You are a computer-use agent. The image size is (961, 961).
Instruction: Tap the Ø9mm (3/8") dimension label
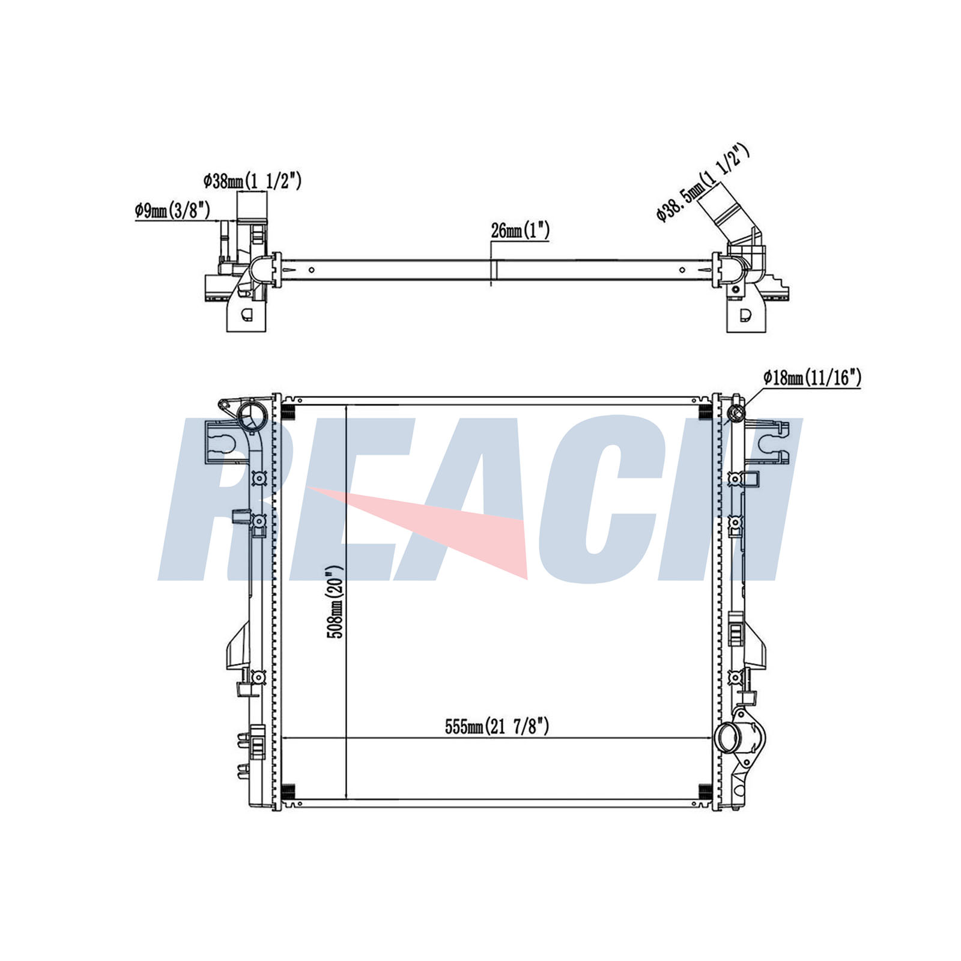point(172,210)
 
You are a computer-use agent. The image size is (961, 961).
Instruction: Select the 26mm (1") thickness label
point(520,230)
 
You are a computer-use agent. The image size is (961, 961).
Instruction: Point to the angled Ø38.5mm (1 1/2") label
point(703,183)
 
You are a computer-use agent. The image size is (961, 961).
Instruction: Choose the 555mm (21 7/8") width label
point(497,727)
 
